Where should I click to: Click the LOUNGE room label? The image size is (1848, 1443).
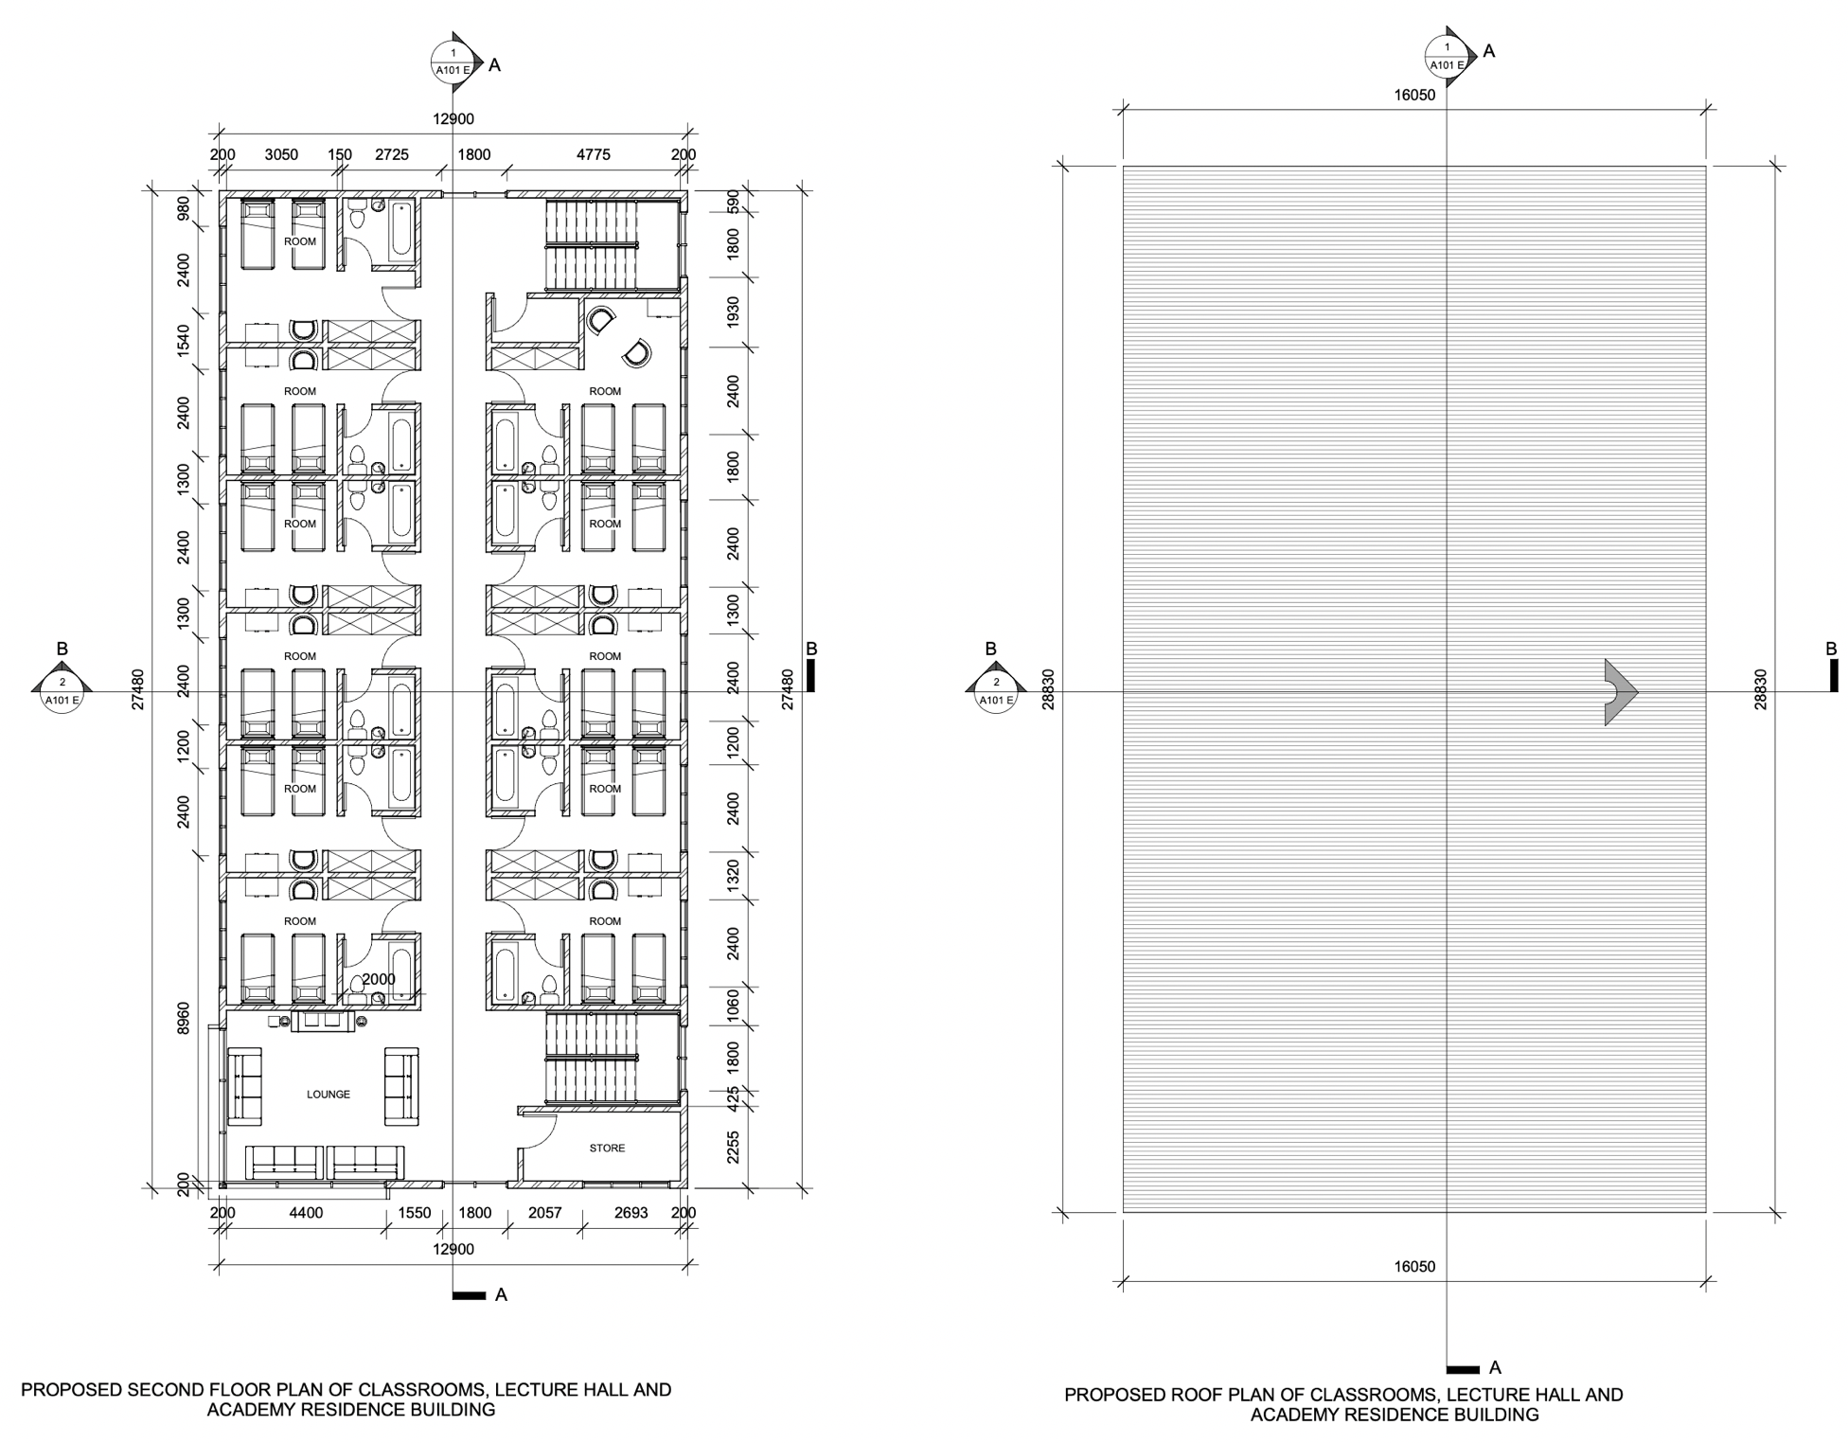[x=329, y=1094]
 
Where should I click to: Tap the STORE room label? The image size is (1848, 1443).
[x=607, y=1148]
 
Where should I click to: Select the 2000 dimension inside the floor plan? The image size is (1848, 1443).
[x=379, y=979]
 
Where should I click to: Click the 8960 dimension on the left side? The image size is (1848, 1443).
[x=184, y=1018]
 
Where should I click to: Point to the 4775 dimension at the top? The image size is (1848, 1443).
[x=594, y=154]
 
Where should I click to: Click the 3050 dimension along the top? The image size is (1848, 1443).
[x=281, y=154]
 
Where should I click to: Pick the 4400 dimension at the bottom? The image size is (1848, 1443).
[x=306, y=1212]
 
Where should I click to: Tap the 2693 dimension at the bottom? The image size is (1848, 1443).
[x=631, y=1212]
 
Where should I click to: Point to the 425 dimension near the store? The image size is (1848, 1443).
[x=733, y=1098]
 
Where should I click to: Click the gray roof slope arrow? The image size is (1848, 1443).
[x=1620, y=692]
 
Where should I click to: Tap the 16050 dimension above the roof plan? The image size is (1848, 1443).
[x=1414, y=95]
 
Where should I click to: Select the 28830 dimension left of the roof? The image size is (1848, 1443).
[x=1049, y=689]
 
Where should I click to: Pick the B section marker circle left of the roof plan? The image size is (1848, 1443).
[x=996, y=691]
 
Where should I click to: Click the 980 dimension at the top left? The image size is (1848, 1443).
[x=184, y=207]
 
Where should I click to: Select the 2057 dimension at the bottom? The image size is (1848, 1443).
[x=544, y=1212]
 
